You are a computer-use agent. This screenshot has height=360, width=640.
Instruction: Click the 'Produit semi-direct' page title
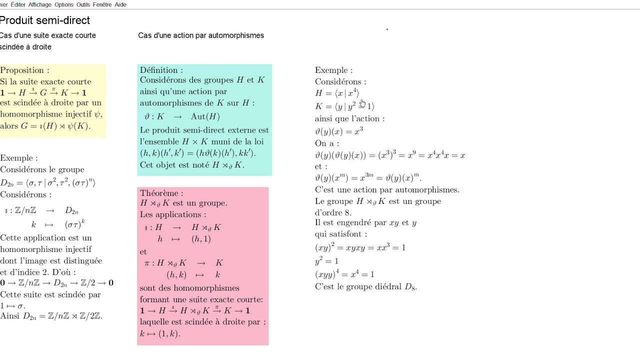(x=45, y=20)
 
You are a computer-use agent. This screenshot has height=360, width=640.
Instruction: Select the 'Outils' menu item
(x=83, y=4)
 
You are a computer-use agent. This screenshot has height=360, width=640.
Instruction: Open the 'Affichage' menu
(x=39, y=4)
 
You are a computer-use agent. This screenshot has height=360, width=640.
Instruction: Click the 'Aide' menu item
(x=120, y=4)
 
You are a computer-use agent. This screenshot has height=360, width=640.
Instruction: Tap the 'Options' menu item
(x=64, y=4)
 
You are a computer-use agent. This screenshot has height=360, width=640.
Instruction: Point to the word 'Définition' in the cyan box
(x=159, y=70)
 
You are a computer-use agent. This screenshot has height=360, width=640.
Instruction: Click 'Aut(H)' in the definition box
(x=205, y=116)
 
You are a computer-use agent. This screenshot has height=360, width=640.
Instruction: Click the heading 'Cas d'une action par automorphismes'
(x=201, y=35)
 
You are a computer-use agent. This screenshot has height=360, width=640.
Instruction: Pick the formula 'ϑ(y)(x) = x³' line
(x=338, y=131)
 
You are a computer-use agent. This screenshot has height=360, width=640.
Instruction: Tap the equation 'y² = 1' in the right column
(x=326, y=261)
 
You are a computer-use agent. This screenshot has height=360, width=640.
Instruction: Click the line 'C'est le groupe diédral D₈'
(x=365, y=286)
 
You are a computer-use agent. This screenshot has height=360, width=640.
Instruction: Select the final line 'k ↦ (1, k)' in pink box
(x=160, y=333)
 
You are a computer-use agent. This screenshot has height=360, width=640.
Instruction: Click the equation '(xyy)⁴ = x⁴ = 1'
(x=344, y=274)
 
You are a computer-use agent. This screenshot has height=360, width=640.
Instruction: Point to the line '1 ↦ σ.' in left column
(x=12, y=305)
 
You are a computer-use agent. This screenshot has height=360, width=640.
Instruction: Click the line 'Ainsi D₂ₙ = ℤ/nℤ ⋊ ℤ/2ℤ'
(x=51, y=316)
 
